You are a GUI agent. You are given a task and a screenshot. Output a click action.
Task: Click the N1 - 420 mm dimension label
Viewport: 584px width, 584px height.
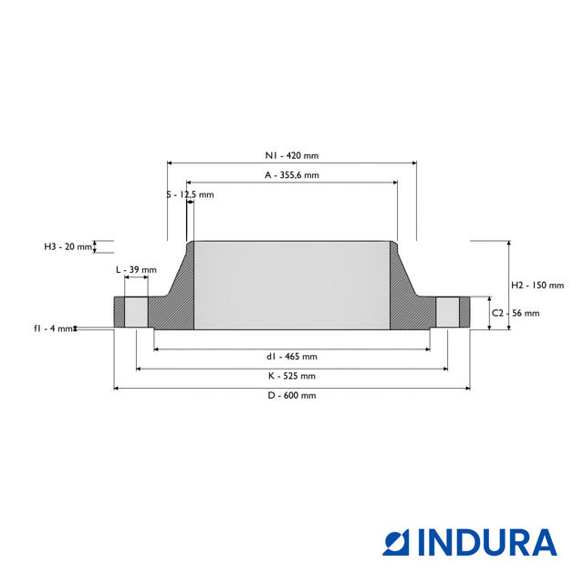click(292, 156)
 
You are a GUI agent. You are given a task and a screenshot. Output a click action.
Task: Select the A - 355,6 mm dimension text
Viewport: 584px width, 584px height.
click(292, 174)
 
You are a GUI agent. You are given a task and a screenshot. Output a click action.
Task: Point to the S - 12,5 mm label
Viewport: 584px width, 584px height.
click(191, 194)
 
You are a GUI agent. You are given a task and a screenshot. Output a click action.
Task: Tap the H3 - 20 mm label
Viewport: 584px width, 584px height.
click(68, 246)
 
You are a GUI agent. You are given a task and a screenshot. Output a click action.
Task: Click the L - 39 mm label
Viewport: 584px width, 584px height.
click(136, 270)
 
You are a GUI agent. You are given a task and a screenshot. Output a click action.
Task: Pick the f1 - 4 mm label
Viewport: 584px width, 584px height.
click(54, 328)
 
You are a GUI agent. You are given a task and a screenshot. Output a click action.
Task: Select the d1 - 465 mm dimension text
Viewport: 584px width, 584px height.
click(292, 356)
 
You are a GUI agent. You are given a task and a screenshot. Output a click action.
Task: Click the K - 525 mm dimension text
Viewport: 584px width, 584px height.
click(292, 375)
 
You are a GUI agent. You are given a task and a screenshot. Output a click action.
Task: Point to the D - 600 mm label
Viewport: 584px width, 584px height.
click(292, 395)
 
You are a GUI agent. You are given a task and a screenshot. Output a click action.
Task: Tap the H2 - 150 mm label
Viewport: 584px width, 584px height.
click(537, 285)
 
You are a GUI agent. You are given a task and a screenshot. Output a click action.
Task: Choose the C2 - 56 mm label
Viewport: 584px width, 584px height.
click(516, 313)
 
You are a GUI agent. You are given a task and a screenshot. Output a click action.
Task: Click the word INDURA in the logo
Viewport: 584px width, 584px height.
click(488, 542)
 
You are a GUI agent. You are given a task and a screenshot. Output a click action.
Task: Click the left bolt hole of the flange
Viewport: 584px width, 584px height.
click(136, 313)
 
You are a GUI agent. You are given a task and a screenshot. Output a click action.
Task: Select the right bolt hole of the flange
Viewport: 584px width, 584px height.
click(447, 313)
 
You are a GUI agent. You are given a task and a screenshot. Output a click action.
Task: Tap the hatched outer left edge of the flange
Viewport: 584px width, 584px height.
click(119, 313)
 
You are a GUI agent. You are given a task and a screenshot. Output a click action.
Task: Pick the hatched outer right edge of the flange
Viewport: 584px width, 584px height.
click(465, 313)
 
